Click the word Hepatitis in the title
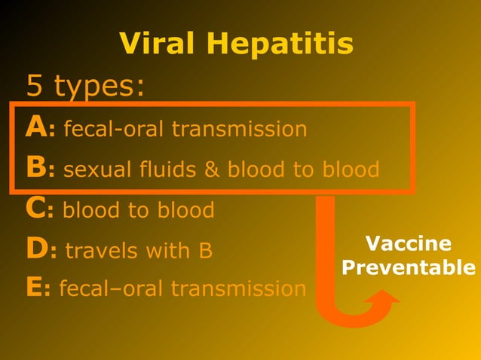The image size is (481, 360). pos(282,46)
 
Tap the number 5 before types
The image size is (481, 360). pos(34,86)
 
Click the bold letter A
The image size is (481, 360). pos(35,128)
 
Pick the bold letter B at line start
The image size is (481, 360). pos(35,169)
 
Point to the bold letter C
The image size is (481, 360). pos(35,209)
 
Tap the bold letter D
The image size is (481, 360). pos(36,249)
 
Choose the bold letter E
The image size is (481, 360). pos(34,288)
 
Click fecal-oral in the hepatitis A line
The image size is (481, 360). pos(113,130)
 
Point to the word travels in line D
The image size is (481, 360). pos(100,250)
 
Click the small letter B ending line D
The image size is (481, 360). pos(205,250)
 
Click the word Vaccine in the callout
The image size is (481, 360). pos(408,244)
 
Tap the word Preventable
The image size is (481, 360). pos(408,269)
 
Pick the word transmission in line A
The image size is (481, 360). pos(239,130)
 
